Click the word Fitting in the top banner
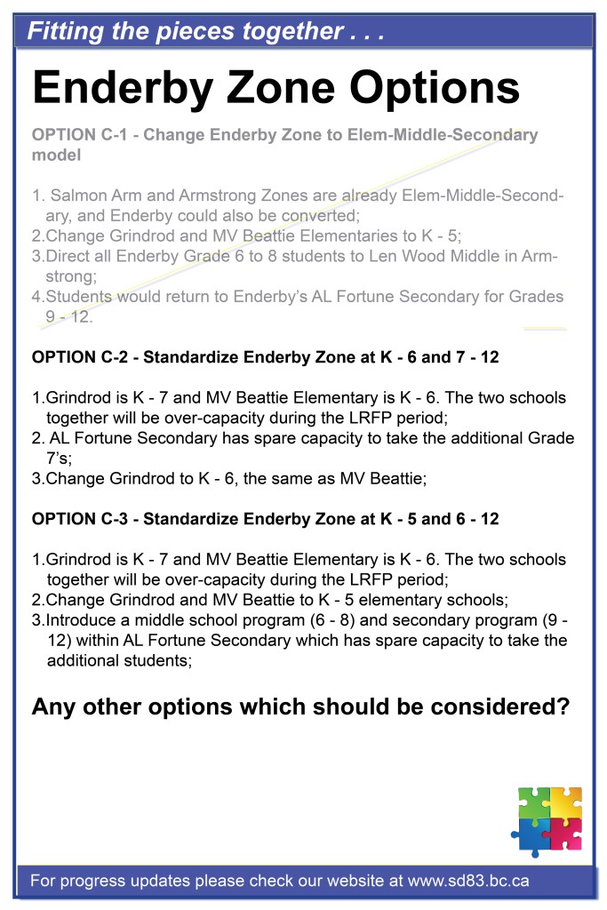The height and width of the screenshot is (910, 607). point(64,33)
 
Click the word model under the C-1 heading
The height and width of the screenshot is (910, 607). point(56,155)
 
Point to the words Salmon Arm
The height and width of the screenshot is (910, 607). point(101,196)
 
